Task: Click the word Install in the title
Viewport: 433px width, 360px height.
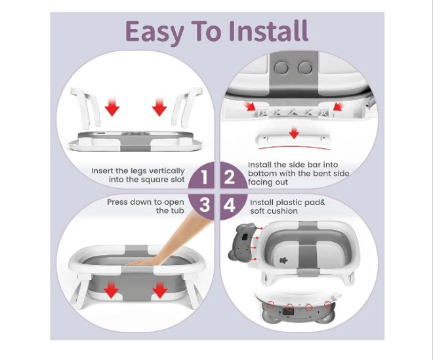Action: click(268, 31)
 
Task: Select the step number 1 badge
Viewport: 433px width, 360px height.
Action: click(204, 177)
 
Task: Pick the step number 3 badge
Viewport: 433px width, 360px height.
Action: click(204, 205)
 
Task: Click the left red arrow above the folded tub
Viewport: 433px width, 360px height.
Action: click(112, 106)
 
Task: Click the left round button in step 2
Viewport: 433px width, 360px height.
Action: click(281, 68)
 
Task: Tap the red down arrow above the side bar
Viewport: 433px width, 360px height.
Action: click(294, 133)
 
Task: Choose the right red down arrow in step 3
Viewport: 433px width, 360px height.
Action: click(160, 289)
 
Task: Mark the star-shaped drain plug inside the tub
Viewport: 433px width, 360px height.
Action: click(283, 260)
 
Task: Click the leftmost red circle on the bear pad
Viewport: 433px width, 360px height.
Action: click(270, 304)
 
